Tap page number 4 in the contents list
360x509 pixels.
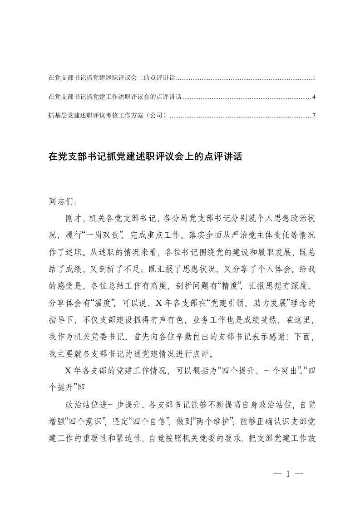point(314,97)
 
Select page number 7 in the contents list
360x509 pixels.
point(314,116)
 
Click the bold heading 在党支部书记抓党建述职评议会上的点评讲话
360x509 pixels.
point(146,157)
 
